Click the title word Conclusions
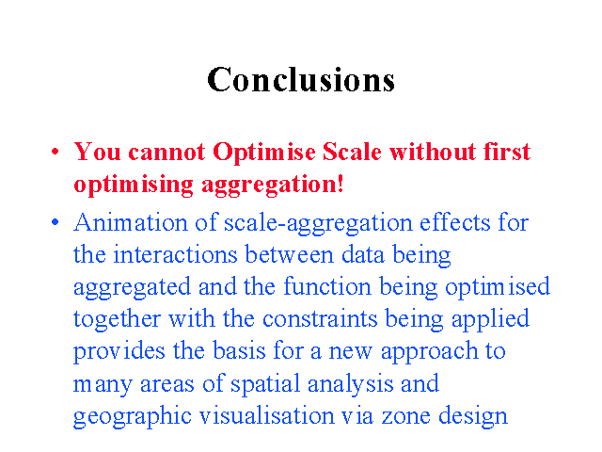pos(301,79)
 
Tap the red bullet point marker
pos(55,151)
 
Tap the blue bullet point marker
pos(55,222)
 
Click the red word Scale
pos(352,152)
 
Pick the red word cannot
pos(166,153)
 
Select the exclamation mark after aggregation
pos(340,184)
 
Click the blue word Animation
pos(131,222)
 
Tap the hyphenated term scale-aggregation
pos(318,224)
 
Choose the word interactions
pos(176,254)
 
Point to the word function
pos(328,285)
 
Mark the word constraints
pos(320,319)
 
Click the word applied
pos(490,320)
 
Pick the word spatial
pos(265,384)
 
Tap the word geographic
pos(133,417)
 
